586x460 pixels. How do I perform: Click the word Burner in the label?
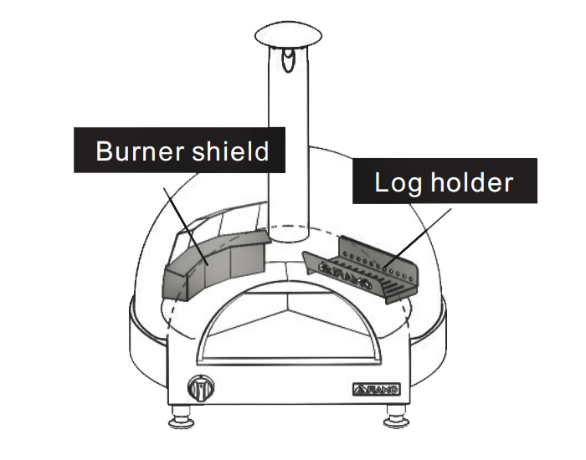coord(140,151)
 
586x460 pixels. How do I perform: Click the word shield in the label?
coord(230,151)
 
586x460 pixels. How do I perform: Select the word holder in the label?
coord(471,182)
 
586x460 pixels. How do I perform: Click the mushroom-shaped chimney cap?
coord(288,35)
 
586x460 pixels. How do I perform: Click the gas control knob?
coord(201,388)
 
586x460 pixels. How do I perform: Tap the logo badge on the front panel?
coord(377,390)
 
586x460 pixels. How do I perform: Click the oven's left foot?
coord(181,417)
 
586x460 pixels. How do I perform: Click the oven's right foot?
coord(397,417)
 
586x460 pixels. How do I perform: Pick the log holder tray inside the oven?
coord(361,270)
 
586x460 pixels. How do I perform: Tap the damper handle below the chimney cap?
coord(288,60)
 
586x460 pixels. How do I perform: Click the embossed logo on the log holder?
coord(345,274)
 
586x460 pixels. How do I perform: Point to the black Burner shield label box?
coord(179,150)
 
